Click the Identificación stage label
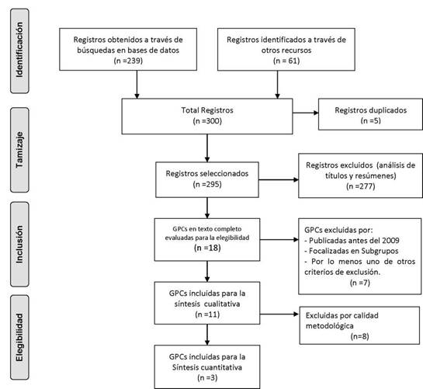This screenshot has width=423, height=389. click(19, 50)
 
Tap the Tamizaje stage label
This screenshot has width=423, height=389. click(19, 150)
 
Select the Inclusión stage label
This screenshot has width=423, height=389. click(19, 245)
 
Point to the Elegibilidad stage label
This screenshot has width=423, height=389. click(19, 338)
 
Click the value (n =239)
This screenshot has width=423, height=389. click(128, 61)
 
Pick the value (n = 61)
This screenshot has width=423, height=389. click(286, 61)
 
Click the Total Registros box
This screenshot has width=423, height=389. click(207, 116)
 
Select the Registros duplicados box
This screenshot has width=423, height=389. click(371, 114)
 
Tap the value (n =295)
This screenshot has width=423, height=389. click(207, 184)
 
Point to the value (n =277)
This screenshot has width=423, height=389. click(361, 186)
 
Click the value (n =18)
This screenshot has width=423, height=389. click(207, 248)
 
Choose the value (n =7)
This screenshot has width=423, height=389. click(360, 283)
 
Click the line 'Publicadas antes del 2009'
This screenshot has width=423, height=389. click(352, 241)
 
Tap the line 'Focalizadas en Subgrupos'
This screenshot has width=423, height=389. click(352, 251)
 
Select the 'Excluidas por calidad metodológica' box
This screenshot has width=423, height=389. click(359, 325)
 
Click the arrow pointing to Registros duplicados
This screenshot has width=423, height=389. click(305, 113)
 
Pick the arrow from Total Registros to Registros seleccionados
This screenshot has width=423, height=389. click(207, 148)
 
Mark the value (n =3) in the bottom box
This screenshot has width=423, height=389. click(207, 377)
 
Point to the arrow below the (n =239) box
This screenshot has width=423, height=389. click(137, 85)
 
